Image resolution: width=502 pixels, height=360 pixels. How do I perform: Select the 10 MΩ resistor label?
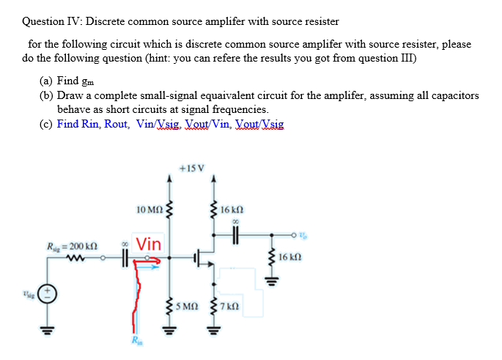pyautogui.click(x=150, y=212)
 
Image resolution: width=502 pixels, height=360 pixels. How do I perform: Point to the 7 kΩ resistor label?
pyautogui.click(x=234, y=305)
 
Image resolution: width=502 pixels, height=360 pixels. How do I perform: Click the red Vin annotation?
pyautogui.click(x=150, y=243)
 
